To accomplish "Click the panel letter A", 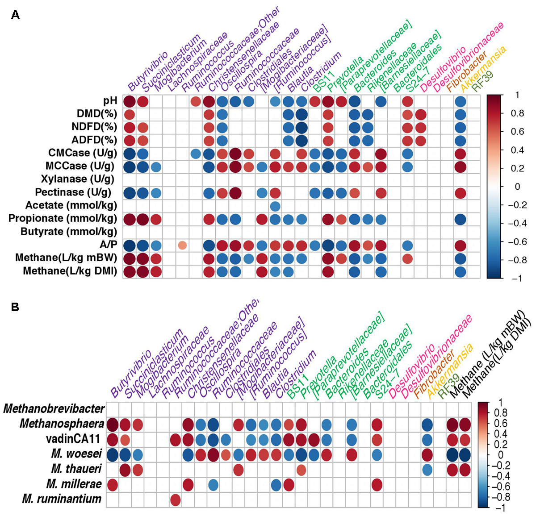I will coord(16,15).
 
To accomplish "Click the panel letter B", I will coord(15,307).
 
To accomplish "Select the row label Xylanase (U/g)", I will coord(77,179).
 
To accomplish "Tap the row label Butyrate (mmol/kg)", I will coord(69,232).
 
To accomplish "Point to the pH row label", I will coord(110,101).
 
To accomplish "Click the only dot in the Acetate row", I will coord(275,206).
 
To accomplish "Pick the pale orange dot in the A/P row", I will coord(182,245).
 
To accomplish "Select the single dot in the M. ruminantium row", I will coord(176,500).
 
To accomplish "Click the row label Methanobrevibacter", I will coord(54,408).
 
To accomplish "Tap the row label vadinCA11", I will coord(74,439).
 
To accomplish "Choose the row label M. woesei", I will coord(76,454).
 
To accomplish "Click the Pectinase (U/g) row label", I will coord(73,192).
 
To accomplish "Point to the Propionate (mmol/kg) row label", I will coord(63,219).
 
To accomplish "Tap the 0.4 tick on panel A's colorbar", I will coord(517,150).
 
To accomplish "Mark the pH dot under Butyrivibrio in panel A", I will coord(130,101).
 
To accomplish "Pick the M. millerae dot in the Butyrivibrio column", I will coord(113,485).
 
